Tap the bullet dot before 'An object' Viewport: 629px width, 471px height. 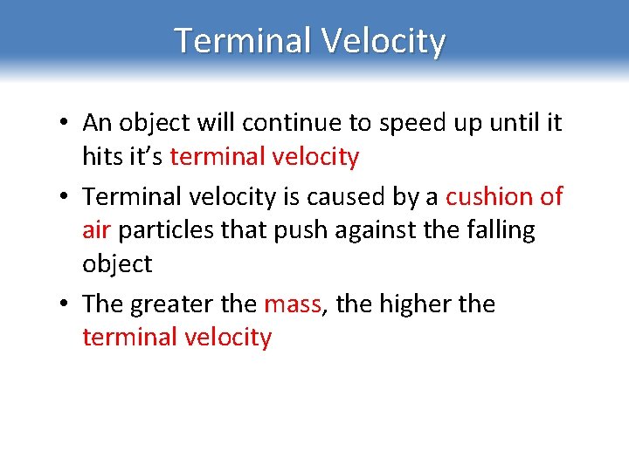click(66, 124)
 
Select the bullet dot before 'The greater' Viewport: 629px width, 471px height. click(66, 304)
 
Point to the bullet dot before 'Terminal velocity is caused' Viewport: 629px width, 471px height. click(66, 197)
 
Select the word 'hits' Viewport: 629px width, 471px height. click(102, 157)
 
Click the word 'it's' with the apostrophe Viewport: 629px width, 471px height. click(146, 157)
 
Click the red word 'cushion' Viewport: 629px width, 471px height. click(488, 197)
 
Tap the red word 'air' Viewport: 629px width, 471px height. click(96, 230)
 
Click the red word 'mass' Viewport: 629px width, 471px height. click(293, 305)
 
